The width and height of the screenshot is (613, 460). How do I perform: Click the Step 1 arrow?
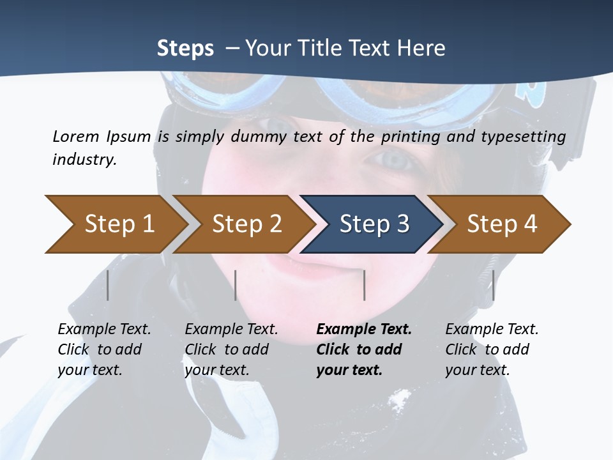tap(118, 224)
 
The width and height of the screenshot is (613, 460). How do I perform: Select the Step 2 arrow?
tap(246, 224)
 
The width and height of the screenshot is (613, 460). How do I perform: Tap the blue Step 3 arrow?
tap(374, 224)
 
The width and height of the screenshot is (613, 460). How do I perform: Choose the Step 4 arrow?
tap(501, 224)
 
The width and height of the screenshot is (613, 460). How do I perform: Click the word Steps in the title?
tap(185, 48)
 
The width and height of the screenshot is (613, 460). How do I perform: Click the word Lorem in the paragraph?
tap(75, 136)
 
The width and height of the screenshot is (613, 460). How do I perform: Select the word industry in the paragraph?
tap(84, 160)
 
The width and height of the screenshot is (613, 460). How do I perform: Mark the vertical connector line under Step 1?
tap(108, 285)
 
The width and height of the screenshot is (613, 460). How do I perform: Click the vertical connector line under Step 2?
tap(236, 285)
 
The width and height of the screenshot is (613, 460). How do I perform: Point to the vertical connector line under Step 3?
tap(364, 285)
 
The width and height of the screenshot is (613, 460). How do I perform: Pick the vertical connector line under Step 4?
tap(493, 285)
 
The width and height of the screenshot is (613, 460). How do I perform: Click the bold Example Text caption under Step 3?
tap(363, 349)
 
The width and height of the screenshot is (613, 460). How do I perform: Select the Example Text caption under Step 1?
tap(104, 349)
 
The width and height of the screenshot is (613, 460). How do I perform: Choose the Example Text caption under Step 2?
tap(231, 349)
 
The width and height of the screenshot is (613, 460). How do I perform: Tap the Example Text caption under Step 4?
tap(492, 349)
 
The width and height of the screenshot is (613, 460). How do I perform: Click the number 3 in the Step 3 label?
tap(402, 224)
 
